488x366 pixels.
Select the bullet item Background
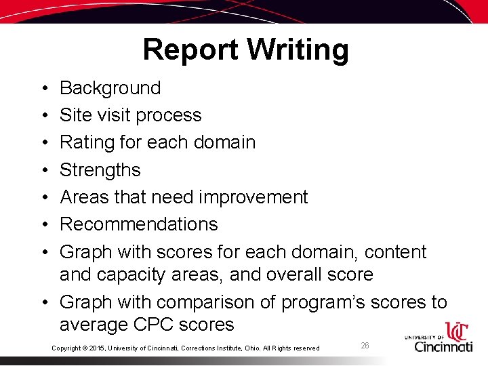110,88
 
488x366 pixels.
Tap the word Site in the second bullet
74,115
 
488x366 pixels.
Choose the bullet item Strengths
100,169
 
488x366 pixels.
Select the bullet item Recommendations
138,224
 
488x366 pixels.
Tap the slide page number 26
365,346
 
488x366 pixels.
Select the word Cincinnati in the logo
443,346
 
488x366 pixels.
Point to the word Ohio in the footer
260,348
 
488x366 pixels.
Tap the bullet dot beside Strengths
43,170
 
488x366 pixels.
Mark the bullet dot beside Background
43,89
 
